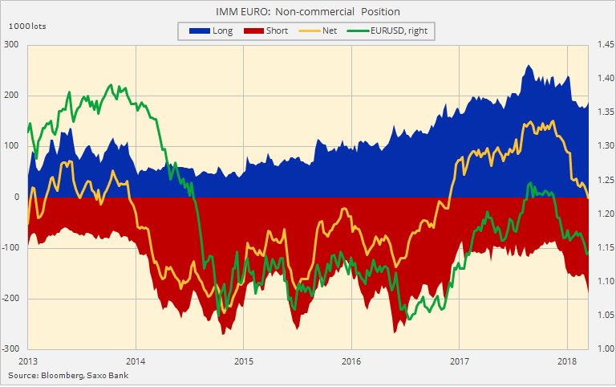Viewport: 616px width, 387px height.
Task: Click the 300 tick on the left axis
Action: (x=12, y=44)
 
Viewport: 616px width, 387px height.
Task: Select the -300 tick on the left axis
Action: (x=10, y=348)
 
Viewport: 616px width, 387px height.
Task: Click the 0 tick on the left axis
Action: (x=17, y=197)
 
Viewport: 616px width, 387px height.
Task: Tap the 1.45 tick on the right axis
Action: (x=602, y=44)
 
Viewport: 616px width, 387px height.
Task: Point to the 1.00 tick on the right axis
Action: (x=602, y=348)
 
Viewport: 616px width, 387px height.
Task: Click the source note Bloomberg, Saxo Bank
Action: (x=67, y=375)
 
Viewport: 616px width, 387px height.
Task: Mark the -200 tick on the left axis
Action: (x=10, y=298)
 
